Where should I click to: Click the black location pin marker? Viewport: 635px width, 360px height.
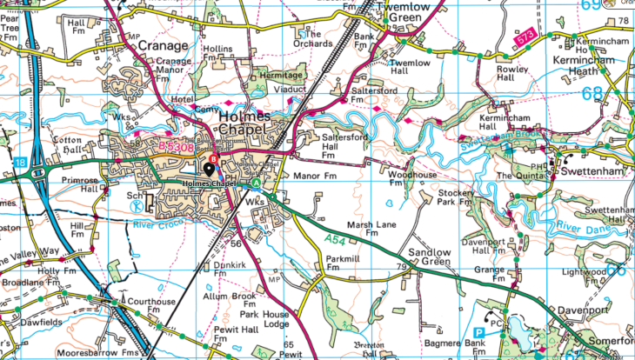(208, 169)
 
